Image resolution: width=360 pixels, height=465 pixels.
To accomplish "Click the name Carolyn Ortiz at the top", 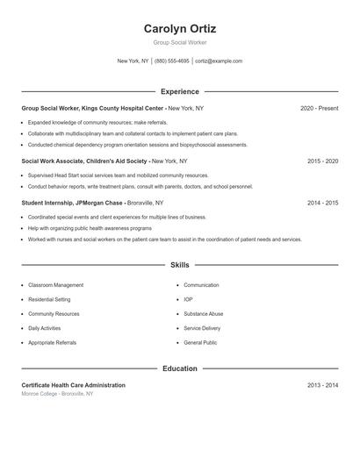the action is point(180,28).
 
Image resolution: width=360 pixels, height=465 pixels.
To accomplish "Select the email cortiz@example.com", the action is point(219,61).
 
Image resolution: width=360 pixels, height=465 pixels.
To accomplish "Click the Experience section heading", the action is point(180,91).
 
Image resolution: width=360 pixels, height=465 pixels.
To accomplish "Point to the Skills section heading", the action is point(180,264).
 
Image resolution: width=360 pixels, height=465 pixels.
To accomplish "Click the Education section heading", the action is point(180,368).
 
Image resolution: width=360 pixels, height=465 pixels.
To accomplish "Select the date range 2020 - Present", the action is point(319,108).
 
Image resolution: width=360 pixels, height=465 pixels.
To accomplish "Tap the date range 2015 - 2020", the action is point(322,161).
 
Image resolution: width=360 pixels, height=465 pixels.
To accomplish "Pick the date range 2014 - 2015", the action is point(322,203).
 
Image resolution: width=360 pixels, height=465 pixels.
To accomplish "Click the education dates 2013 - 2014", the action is point(322,385).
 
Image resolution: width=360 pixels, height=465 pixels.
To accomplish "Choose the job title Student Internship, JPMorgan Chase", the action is point(73,203).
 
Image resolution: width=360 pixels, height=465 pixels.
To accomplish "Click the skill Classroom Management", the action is point(56,285).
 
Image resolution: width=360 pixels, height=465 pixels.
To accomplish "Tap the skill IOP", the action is point(188,299).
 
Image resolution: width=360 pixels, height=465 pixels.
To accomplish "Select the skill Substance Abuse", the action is point(204,313).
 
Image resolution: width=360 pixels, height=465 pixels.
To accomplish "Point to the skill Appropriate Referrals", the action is point(52,342).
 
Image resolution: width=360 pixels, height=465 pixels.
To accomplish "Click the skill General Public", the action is point(200,342).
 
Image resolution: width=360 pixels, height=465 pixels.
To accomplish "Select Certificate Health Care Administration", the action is point(73,385).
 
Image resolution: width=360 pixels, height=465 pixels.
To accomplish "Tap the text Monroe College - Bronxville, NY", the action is point(57,394).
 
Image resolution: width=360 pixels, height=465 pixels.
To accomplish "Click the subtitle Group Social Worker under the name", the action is point(180,42).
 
